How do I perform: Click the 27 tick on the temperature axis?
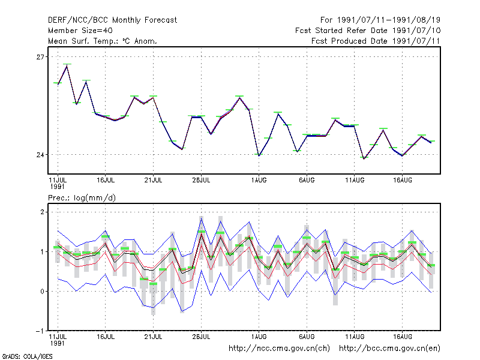(x=40, y=57)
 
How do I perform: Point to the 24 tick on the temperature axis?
(x=40, y=155)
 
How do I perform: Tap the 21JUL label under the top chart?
(x=153, y=181)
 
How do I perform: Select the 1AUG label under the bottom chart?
(x=259, y=337)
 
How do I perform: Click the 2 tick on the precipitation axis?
(x=42, y=212)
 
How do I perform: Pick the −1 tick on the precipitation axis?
(x=40, y=331)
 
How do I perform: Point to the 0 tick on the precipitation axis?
(x=42, y=292)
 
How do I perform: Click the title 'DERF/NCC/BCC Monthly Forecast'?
(x=112, y=20)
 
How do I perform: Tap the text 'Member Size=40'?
(x=80, y=31)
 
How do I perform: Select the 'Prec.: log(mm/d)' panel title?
(x=82, y=198)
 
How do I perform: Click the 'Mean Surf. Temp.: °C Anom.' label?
(x=103, y=41)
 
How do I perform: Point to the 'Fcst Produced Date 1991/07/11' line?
(x=376, y=41)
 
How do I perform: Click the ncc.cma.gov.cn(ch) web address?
(x=279, y=349)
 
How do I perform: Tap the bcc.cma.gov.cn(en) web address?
(x=389, y=349)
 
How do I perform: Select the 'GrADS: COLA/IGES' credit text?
(x=27, y=356)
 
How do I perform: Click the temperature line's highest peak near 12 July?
(x=67, y=66)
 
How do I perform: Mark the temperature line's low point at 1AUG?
(x=259, y=156)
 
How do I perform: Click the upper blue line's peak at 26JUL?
(x=202, y=217)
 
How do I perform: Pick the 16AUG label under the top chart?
(x=402, y=181)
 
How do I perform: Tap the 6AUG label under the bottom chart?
(x=307, y=337)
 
